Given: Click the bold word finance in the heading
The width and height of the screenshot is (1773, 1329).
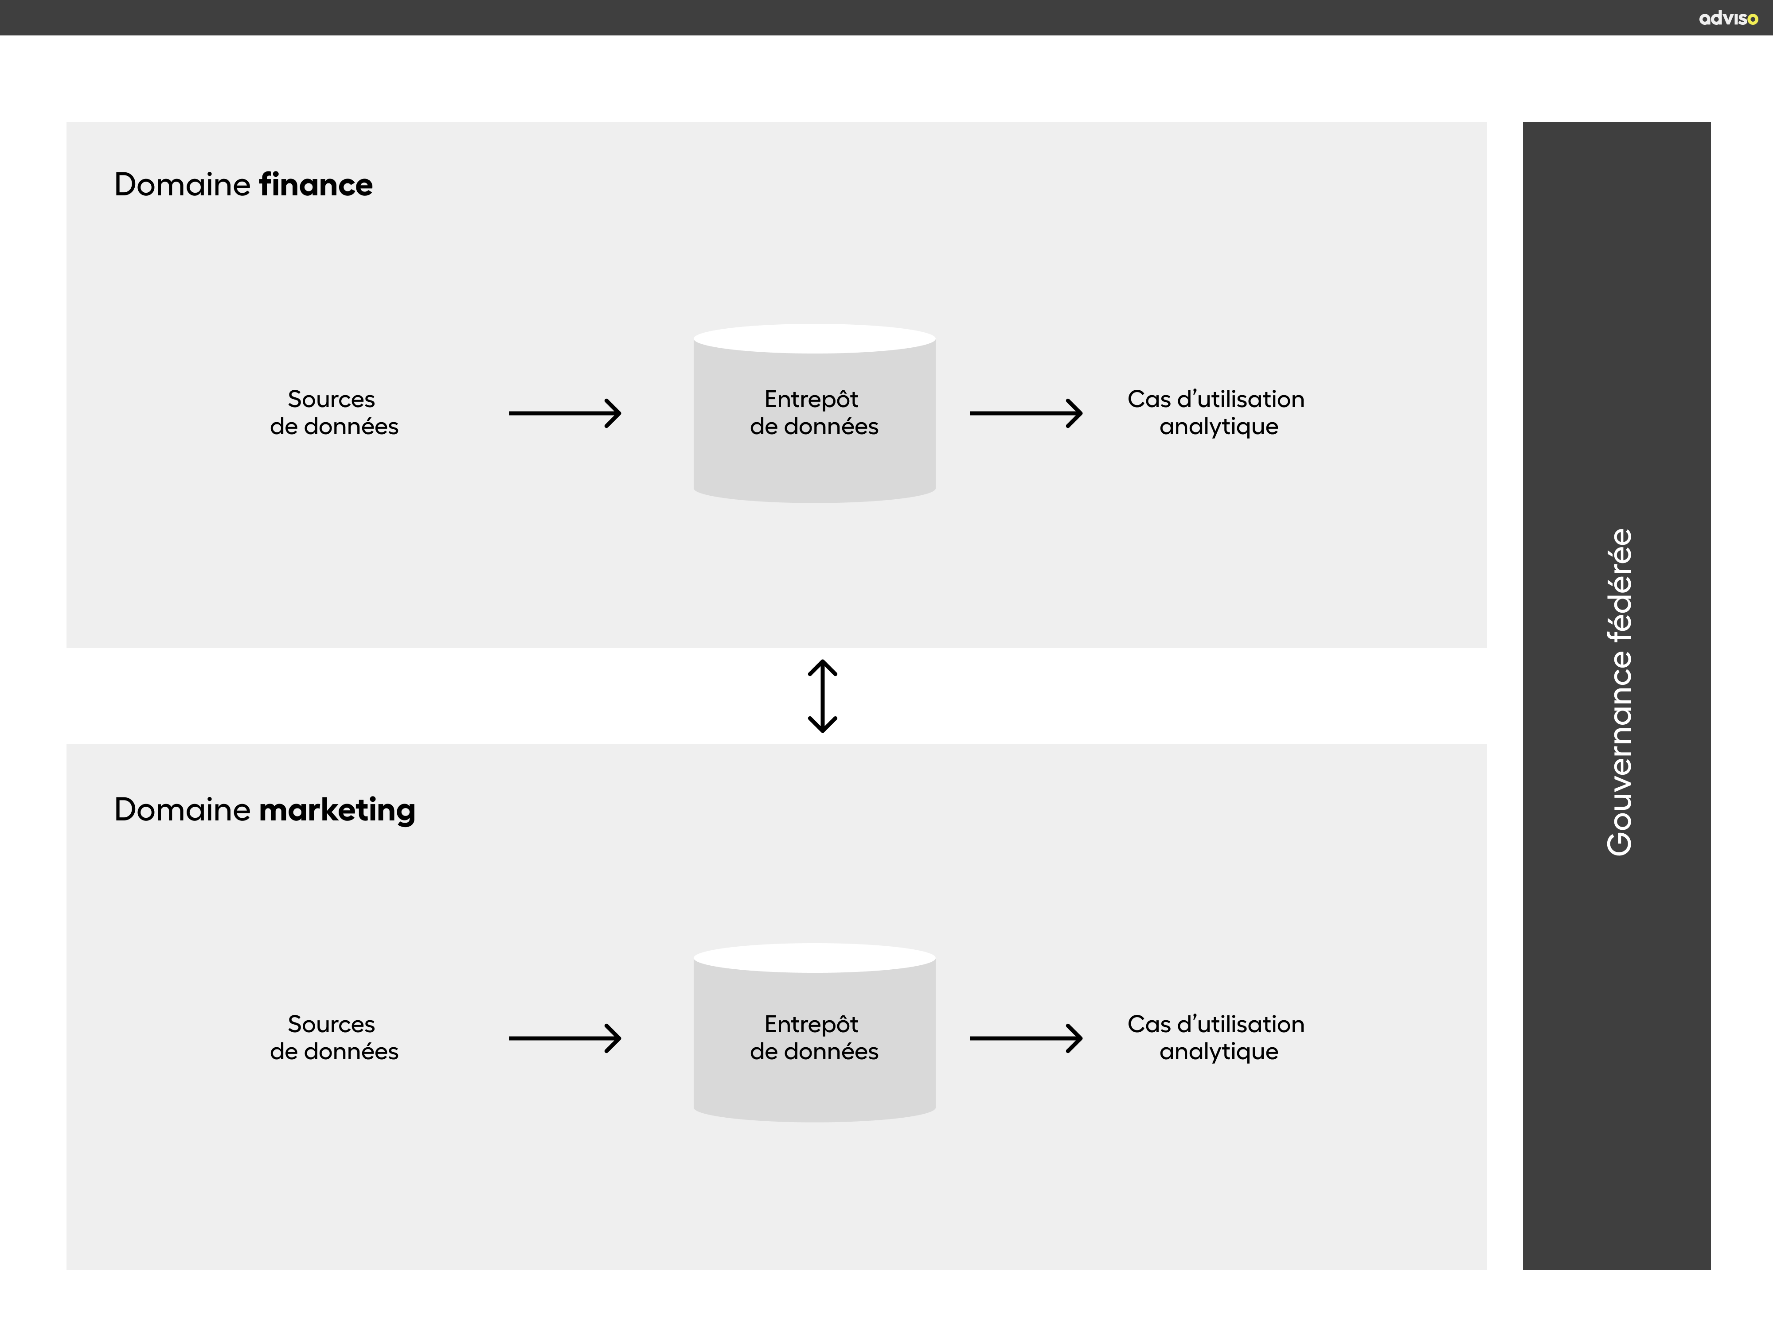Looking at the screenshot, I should coord(315,185).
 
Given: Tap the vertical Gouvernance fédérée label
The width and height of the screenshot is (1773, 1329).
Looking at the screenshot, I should coord(1619,692).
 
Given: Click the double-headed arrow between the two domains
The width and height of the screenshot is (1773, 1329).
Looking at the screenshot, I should coord(822,696).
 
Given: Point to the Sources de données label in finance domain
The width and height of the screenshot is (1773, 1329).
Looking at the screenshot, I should coord(333,412).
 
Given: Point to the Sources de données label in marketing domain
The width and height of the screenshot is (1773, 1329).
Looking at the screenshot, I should coord(333,1038).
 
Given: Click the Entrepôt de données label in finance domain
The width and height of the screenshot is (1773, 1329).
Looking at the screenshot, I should coord(813,412).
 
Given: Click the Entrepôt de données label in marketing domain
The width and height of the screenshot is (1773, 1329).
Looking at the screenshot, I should coord(813,1038).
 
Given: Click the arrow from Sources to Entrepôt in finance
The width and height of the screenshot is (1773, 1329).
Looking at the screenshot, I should coord(565,413).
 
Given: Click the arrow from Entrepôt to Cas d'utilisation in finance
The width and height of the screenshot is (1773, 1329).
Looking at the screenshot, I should coord(1026,413).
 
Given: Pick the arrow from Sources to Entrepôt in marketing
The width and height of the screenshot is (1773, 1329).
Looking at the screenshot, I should coord(565,1038).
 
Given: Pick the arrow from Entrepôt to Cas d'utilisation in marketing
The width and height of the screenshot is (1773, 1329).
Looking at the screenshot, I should coord(1026,1038).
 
